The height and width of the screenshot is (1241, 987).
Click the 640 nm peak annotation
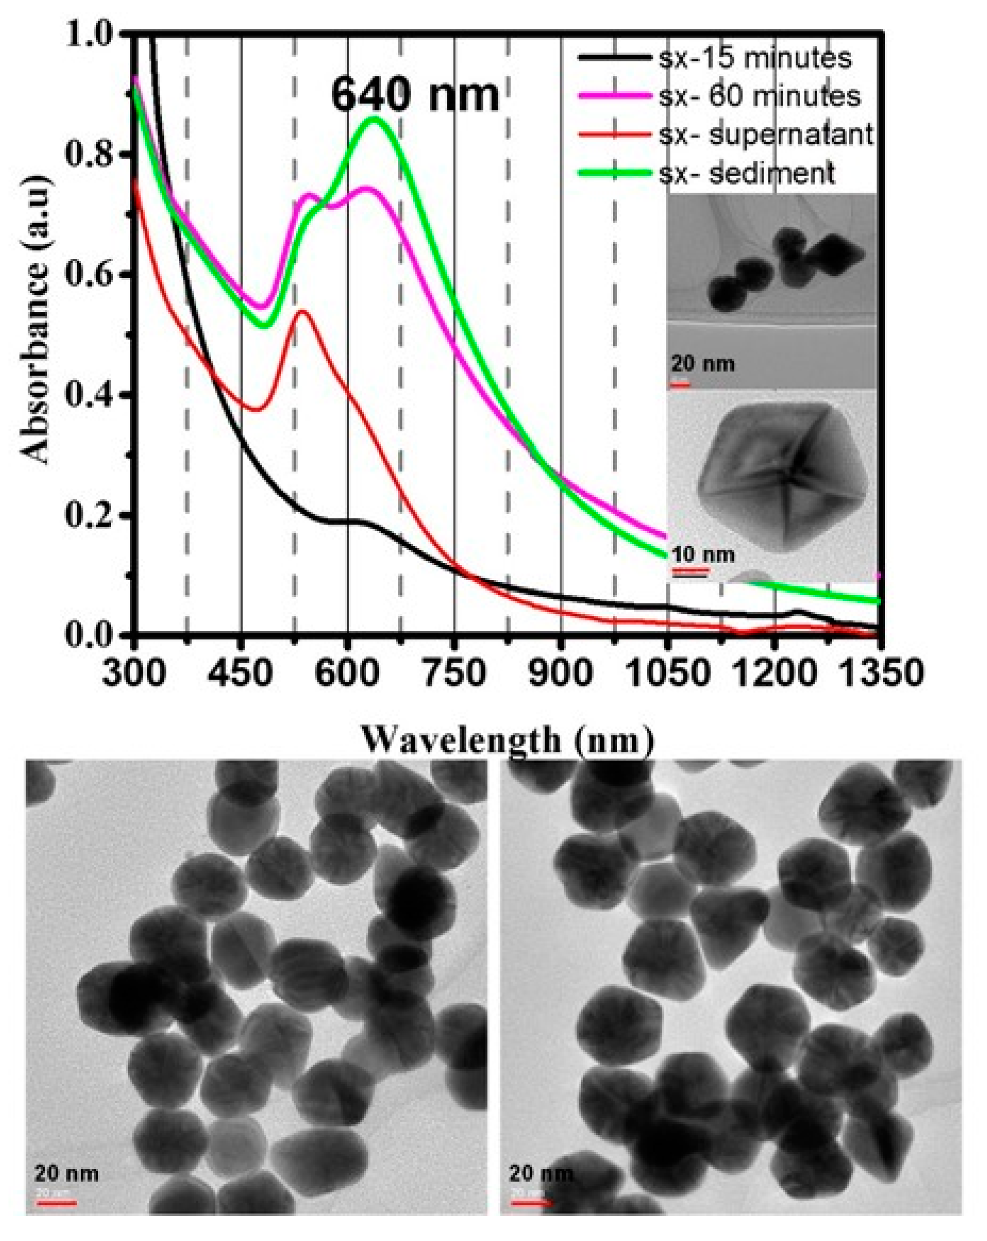coord(414,95)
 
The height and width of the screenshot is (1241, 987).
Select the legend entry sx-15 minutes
coord(755,58)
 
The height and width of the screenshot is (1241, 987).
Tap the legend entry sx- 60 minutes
coord(759,96)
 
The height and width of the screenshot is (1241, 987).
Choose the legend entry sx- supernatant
coord(766,135)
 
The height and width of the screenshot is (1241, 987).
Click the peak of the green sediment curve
coord(374,119)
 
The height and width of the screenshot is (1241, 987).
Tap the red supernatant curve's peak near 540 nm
coord(303,311)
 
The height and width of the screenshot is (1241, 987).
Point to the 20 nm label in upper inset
coord(703,364)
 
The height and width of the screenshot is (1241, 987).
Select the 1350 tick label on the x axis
coord(878,672)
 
